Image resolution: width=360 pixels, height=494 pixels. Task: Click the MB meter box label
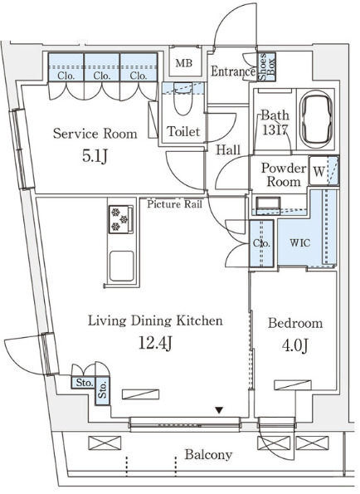tap(184, 63)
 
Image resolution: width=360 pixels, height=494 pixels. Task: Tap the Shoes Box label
tap(266, 66)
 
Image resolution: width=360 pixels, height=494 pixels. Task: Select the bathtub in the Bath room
tap(315, 119)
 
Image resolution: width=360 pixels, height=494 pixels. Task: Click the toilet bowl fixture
tap(182, 100)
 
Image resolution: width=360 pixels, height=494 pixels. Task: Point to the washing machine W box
tap(319, 171)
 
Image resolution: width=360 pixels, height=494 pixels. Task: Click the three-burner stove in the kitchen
tap(121, 219)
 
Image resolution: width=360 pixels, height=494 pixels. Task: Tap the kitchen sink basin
tap(121, 266)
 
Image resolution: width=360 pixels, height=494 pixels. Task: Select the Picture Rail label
tap(175, 204)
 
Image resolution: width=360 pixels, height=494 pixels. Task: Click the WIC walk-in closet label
tap(300, 243)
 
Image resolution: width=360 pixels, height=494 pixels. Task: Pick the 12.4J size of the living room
tap(155, 343)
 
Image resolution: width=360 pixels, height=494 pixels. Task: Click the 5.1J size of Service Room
tap(95, 156)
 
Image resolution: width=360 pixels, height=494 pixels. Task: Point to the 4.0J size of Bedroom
tap(294, 345)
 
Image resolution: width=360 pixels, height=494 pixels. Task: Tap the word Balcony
tap(209, 455)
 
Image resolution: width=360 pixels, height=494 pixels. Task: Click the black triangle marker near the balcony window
tap(219, 410)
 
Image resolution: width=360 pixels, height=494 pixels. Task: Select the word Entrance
tap(233, 71)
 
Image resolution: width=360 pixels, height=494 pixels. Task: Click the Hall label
tap(228, 150)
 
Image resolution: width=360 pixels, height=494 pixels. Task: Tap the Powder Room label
tap(284, 175)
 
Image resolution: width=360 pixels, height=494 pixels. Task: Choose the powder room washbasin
tap(267, 204)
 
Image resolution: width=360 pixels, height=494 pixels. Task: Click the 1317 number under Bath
tap(275, 130)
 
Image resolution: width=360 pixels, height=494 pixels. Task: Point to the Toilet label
tap(183, 131)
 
